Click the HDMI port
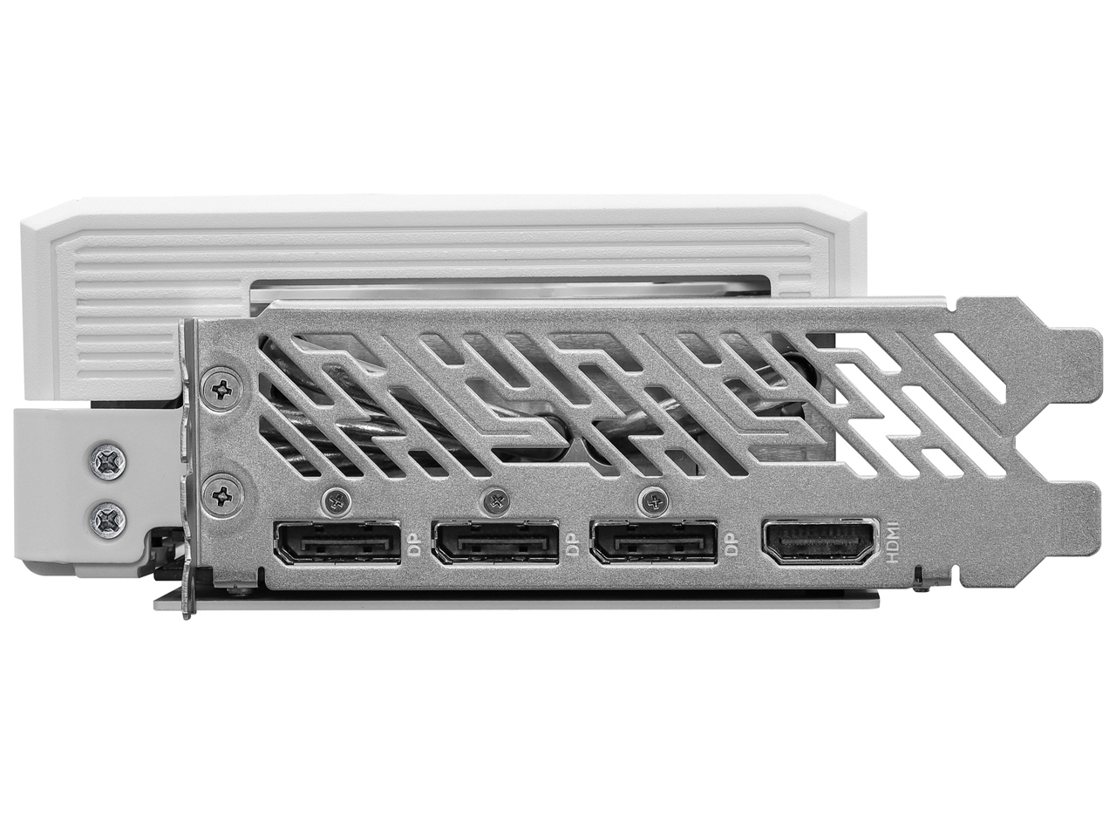click(820, 542)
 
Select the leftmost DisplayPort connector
click(337, 543)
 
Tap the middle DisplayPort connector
click(496, 543)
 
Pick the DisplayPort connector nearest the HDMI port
click(654, 543)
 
